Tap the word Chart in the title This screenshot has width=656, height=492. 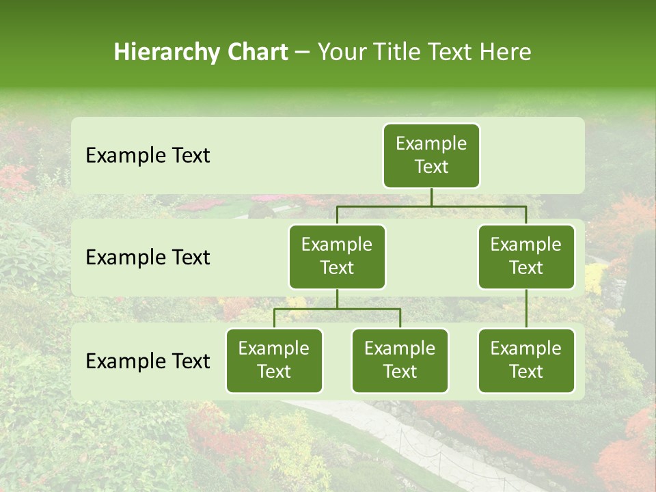coord(256,52)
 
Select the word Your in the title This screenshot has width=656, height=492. coord(340,52)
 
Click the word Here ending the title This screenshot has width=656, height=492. coord(505,52)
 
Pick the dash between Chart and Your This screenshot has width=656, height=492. coord(302,53)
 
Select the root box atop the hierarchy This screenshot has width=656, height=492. coord(431,155)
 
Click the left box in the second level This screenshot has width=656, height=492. coord(337,256)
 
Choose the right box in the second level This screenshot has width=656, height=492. coord(526,256)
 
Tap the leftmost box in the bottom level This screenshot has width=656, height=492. coord(274,360)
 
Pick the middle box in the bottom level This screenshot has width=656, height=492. coord(400,360)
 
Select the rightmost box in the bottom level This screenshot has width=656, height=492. coord(526,360)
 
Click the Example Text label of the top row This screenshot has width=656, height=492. coord(148,155)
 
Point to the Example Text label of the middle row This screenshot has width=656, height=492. coord(148,257)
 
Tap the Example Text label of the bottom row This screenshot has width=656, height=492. coord(148,361)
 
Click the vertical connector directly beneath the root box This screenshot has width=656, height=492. coord(431,197)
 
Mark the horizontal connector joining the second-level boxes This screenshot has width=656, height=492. coord(478,206)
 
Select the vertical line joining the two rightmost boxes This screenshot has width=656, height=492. coord(526,309)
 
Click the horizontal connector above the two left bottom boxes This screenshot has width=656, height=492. coord(307,309)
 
